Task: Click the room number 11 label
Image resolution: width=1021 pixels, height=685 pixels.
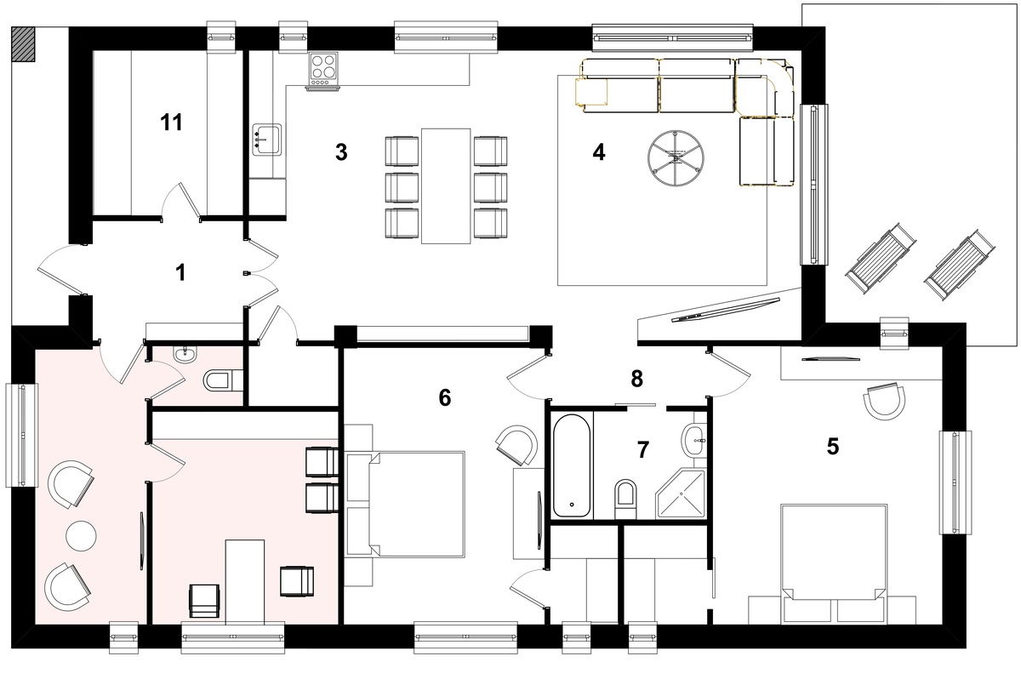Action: (x=171, y=123)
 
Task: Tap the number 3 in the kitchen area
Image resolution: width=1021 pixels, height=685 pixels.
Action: (x=341, y=152)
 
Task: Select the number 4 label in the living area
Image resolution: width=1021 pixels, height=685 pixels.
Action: (x=598, y=152)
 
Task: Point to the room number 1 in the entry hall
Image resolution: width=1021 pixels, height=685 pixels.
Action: (x=180, y=272)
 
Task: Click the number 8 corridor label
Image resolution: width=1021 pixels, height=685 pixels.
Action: (x=636, y=379)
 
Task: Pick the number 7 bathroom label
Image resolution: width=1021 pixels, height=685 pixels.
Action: (x=642, y=450)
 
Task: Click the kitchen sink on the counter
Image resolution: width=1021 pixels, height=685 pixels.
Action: (x=267, y=140)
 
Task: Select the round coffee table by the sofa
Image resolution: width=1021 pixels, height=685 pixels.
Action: (x=676, y=158)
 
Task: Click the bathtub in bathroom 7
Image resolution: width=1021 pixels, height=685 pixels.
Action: (x=572, y=465)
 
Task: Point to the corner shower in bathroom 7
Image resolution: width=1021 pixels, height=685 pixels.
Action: (x=681, y=494)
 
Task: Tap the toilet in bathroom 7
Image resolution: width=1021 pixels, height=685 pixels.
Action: (x=625, y=499)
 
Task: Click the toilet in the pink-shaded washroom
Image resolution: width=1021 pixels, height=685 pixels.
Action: (x=223, y=380)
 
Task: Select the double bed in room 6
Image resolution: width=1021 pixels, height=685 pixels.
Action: (x=405, y=504)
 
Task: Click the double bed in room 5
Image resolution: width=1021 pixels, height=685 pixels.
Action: (x=834, y=564)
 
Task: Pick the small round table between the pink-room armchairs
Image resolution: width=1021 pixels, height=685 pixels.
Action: (x=81, y=536)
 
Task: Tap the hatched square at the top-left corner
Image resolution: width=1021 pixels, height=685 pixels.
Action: (x=23, y=44)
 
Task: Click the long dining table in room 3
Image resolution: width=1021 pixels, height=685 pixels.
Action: (x=446, y=186)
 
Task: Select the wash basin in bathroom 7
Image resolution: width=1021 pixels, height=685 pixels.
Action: (x=693, y=440)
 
